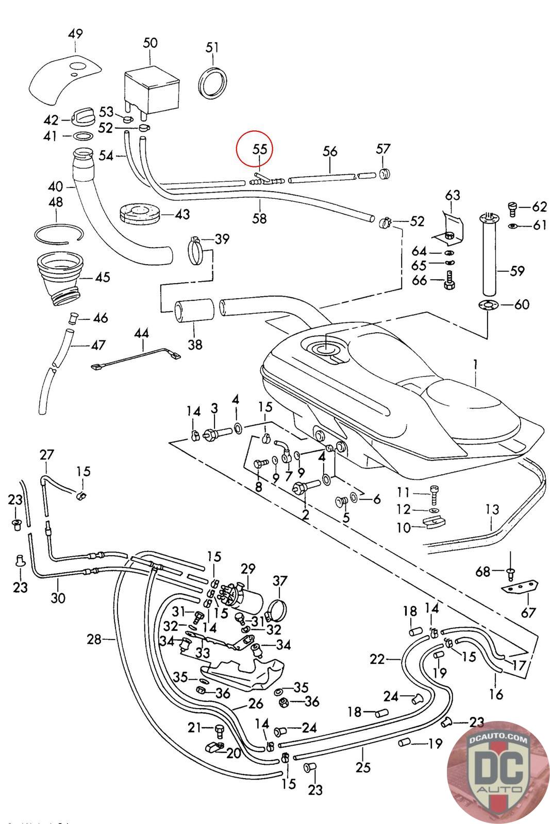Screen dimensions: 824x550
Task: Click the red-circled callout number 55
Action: pyautogui.click(x=260, y=149)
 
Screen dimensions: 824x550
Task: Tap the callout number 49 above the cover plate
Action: pyautogui.click(x=75, y=35)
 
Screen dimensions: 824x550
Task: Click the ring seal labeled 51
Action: pyautogui.click(x=213, y=81)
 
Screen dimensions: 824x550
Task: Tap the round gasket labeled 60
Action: pyautogui.click(x=487, y=304)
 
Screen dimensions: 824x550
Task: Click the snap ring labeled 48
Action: pyautogui.click(x=58, y=234)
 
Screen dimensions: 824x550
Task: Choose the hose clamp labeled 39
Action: pyautogui.click(x=199, y=251)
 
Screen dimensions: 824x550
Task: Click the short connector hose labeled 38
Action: pyautogui.click(x=195, y=311)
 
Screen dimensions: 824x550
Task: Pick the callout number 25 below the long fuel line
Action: pyautogui.click(x=363, y=767)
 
